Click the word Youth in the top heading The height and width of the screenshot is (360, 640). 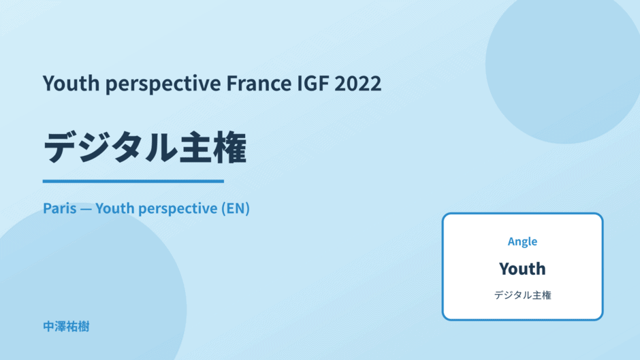click(x=71, y=83)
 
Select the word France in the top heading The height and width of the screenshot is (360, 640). click(x=259, y=83)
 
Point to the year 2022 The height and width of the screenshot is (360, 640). click(x=358, y=83)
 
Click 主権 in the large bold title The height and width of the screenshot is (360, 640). click(x=212, y=148)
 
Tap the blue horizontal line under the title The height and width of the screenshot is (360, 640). click(x=133, y=181)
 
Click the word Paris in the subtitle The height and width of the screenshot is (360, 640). click(x=60, y=208)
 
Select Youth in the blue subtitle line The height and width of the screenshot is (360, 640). click(x=114, y=208)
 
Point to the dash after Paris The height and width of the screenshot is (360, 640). click(x=86, y=209)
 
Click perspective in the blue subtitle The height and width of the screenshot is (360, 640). click(x=178, y=209)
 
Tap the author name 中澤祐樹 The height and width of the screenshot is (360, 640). click(x=66, y=327)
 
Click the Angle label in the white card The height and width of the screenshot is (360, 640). click(x=522, y=242)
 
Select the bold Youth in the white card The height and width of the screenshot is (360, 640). click(x=522, y=269)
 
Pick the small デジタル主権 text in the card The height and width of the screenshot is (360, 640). click(x=522, y=295)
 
